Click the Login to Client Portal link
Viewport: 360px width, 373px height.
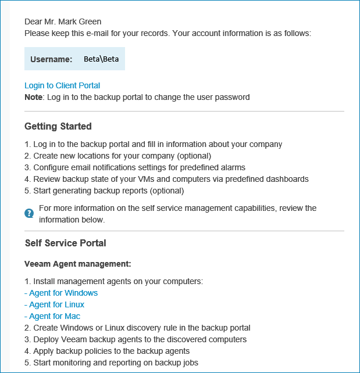point(62,85)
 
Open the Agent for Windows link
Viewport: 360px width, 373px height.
point(63,293)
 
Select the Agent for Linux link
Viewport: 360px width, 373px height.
point(56,304)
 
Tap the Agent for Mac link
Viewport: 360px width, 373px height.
point(55,316)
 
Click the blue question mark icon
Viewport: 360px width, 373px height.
point(29,213)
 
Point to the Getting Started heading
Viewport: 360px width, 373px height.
point(58,126)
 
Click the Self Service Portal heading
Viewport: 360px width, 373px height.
point(65,243)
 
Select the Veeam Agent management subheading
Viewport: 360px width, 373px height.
point(78,264)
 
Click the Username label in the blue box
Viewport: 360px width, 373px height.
point(51,59)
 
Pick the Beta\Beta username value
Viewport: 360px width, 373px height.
point(101,59)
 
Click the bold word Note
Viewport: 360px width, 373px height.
point(33,97)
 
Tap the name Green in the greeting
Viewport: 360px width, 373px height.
point(89,21)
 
